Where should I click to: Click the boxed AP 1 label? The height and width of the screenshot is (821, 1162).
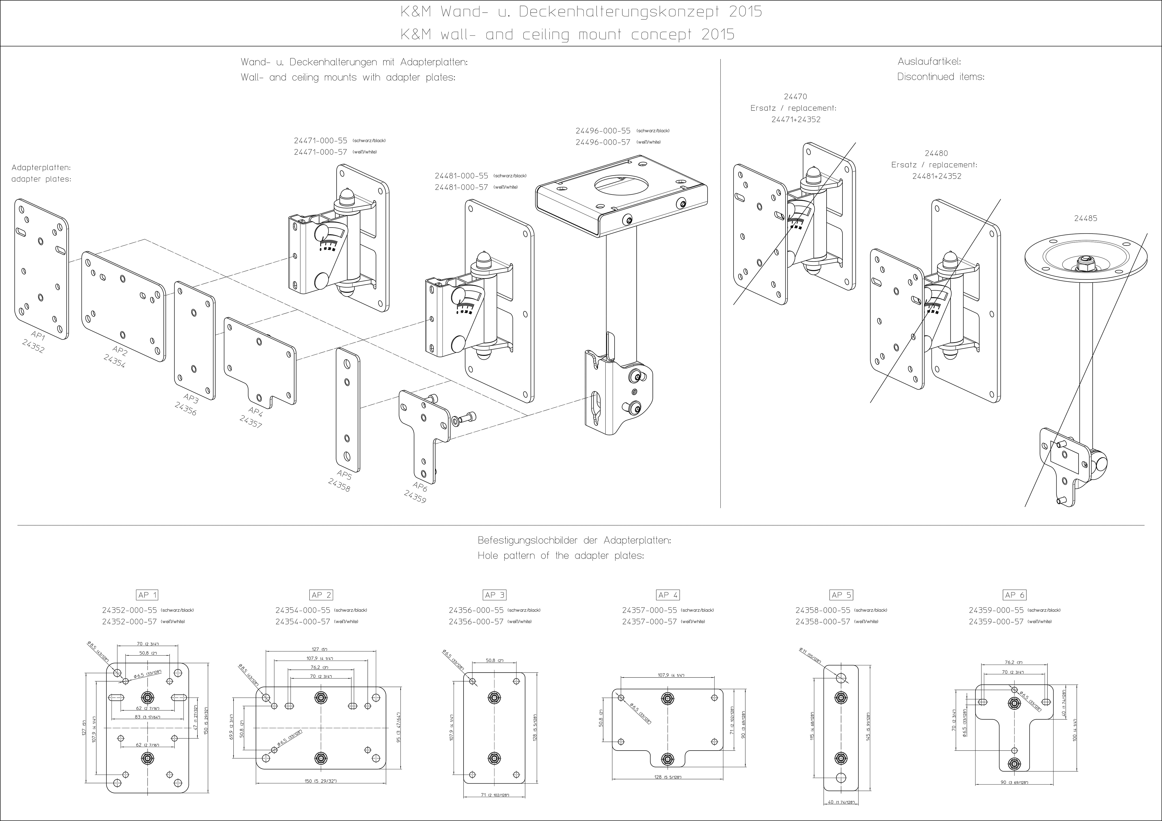(x=147, y=595)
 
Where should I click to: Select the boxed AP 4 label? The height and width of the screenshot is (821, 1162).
(x=668, y=595)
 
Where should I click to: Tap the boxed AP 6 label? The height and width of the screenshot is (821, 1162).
(x=1015, y=595)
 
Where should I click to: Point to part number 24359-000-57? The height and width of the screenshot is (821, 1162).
(x=996, y=622)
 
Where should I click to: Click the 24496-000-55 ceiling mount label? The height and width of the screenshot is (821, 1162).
(x=603, y=130)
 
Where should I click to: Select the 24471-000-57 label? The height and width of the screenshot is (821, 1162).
(x=320, y=152)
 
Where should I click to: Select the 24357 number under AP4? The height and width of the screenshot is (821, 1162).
(x=251, y=421)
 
